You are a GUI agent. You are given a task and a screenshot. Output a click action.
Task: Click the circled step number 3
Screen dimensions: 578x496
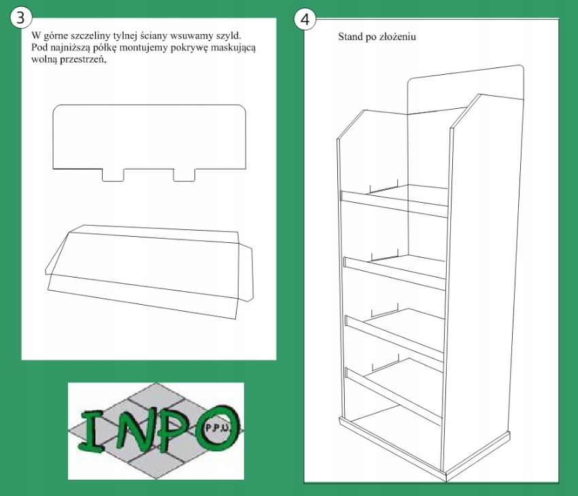point(20,17)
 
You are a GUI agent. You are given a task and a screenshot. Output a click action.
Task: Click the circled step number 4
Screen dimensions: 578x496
point(305,19)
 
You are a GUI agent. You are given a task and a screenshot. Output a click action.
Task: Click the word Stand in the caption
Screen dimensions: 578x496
point(350,37)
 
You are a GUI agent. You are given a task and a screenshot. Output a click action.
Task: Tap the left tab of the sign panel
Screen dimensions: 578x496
point(113,175)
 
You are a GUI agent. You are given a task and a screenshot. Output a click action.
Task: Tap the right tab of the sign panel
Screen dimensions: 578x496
point(184,175)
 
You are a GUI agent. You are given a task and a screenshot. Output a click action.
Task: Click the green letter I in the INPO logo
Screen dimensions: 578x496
point(91,431)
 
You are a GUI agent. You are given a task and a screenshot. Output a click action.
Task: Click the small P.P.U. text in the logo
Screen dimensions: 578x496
point(217,429)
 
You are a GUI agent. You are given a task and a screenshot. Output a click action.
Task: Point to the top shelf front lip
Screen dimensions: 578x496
point(394,204)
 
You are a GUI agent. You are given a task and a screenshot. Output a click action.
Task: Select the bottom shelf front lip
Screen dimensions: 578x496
point(393,397)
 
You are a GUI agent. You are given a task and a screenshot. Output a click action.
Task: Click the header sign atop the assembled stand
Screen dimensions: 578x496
point(465,88)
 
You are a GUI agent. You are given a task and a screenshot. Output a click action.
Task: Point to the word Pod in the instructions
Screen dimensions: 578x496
point(38,48)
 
